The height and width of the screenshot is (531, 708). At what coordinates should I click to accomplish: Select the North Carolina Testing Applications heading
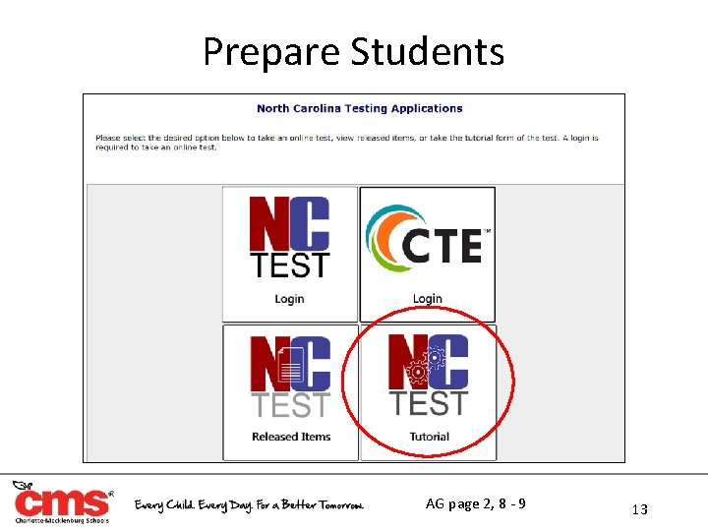click(x=359, y=108)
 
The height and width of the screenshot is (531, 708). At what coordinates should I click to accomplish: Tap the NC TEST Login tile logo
click(x=289, y=237)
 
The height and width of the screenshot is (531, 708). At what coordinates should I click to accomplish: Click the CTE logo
click(x=427, y=240)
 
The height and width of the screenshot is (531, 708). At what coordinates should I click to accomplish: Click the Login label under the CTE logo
click(x=427, y=299)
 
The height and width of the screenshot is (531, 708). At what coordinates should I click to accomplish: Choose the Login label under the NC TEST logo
click(x=289, y=299)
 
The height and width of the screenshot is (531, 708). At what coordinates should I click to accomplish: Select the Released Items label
click(x=290, y=437)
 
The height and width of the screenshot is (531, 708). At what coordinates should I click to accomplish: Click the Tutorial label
click(x=428, y=437)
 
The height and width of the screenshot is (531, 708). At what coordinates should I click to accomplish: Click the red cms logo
click(x=61, y=502)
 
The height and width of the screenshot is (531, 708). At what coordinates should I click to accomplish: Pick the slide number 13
click(x=640, y=508)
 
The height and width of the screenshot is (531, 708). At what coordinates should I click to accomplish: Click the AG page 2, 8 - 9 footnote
click(x=475, y=504)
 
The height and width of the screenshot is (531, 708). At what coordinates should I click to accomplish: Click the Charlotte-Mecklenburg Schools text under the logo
click(x=61, y=521)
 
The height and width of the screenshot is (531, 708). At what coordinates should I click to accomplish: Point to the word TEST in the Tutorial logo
click(x=428, y=403)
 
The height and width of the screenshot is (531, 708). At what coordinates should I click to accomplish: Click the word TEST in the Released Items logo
click(x=290, y=405)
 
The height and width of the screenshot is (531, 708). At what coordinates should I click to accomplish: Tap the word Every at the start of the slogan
click(x=153, y=505)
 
